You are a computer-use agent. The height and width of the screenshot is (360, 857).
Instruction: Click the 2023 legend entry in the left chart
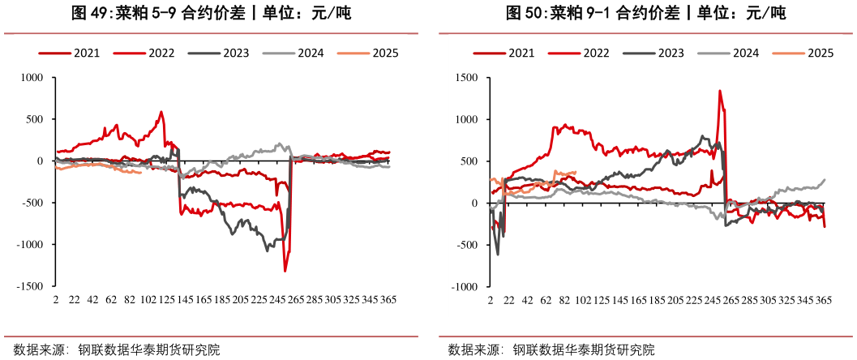pos(232,54)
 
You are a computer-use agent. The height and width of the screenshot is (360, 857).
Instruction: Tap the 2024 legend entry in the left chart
pos(309,54)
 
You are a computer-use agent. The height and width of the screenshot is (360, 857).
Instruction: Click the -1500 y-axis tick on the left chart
pos(33,286)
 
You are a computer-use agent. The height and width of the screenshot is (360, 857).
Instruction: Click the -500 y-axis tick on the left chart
pos(36,203)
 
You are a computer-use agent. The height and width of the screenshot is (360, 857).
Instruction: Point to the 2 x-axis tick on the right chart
pos(490,300)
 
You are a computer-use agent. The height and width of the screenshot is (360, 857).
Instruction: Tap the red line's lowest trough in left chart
pos(285,271)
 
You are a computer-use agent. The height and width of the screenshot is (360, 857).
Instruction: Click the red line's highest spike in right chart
pos(719,91)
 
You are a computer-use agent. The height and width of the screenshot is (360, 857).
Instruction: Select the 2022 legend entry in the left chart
pos(160,54)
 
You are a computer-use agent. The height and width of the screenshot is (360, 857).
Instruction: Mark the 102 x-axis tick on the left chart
pos(148,300)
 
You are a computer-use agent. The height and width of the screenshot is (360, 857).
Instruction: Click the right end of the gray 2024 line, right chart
pos(825,180)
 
